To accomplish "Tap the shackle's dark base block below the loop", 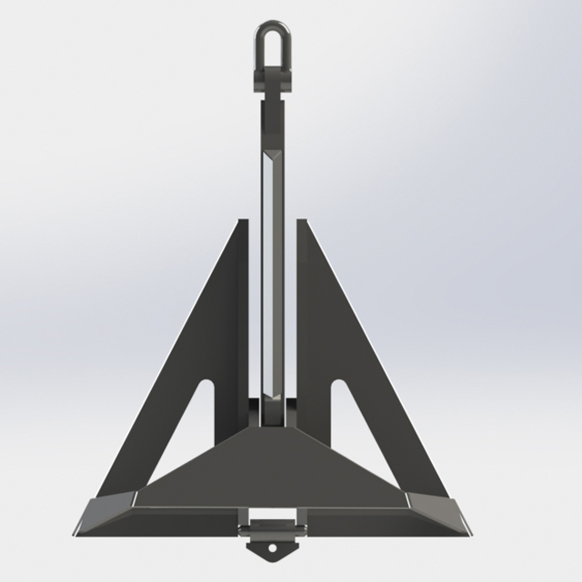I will [271, 76].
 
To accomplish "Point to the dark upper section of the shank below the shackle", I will [270, 123].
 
